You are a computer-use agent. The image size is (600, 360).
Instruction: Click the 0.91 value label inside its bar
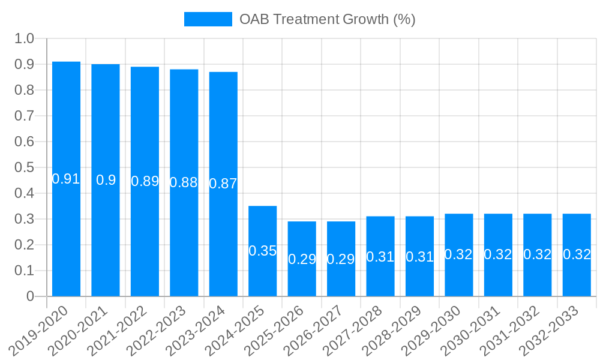pos(66,179)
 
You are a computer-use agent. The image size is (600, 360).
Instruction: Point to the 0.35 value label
pos(263,251)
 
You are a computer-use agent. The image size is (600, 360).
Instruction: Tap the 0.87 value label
pos(223,184)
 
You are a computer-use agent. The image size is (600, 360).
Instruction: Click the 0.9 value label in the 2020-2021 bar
pos(106,180)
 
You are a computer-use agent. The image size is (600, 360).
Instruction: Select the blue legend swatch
pos(208,19)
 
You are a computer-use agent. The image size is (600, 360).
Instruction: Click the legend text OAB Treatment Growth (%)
pos(327,19)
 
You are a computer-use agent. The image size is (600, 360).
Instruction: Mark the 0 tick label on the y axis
pos(31,296)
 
